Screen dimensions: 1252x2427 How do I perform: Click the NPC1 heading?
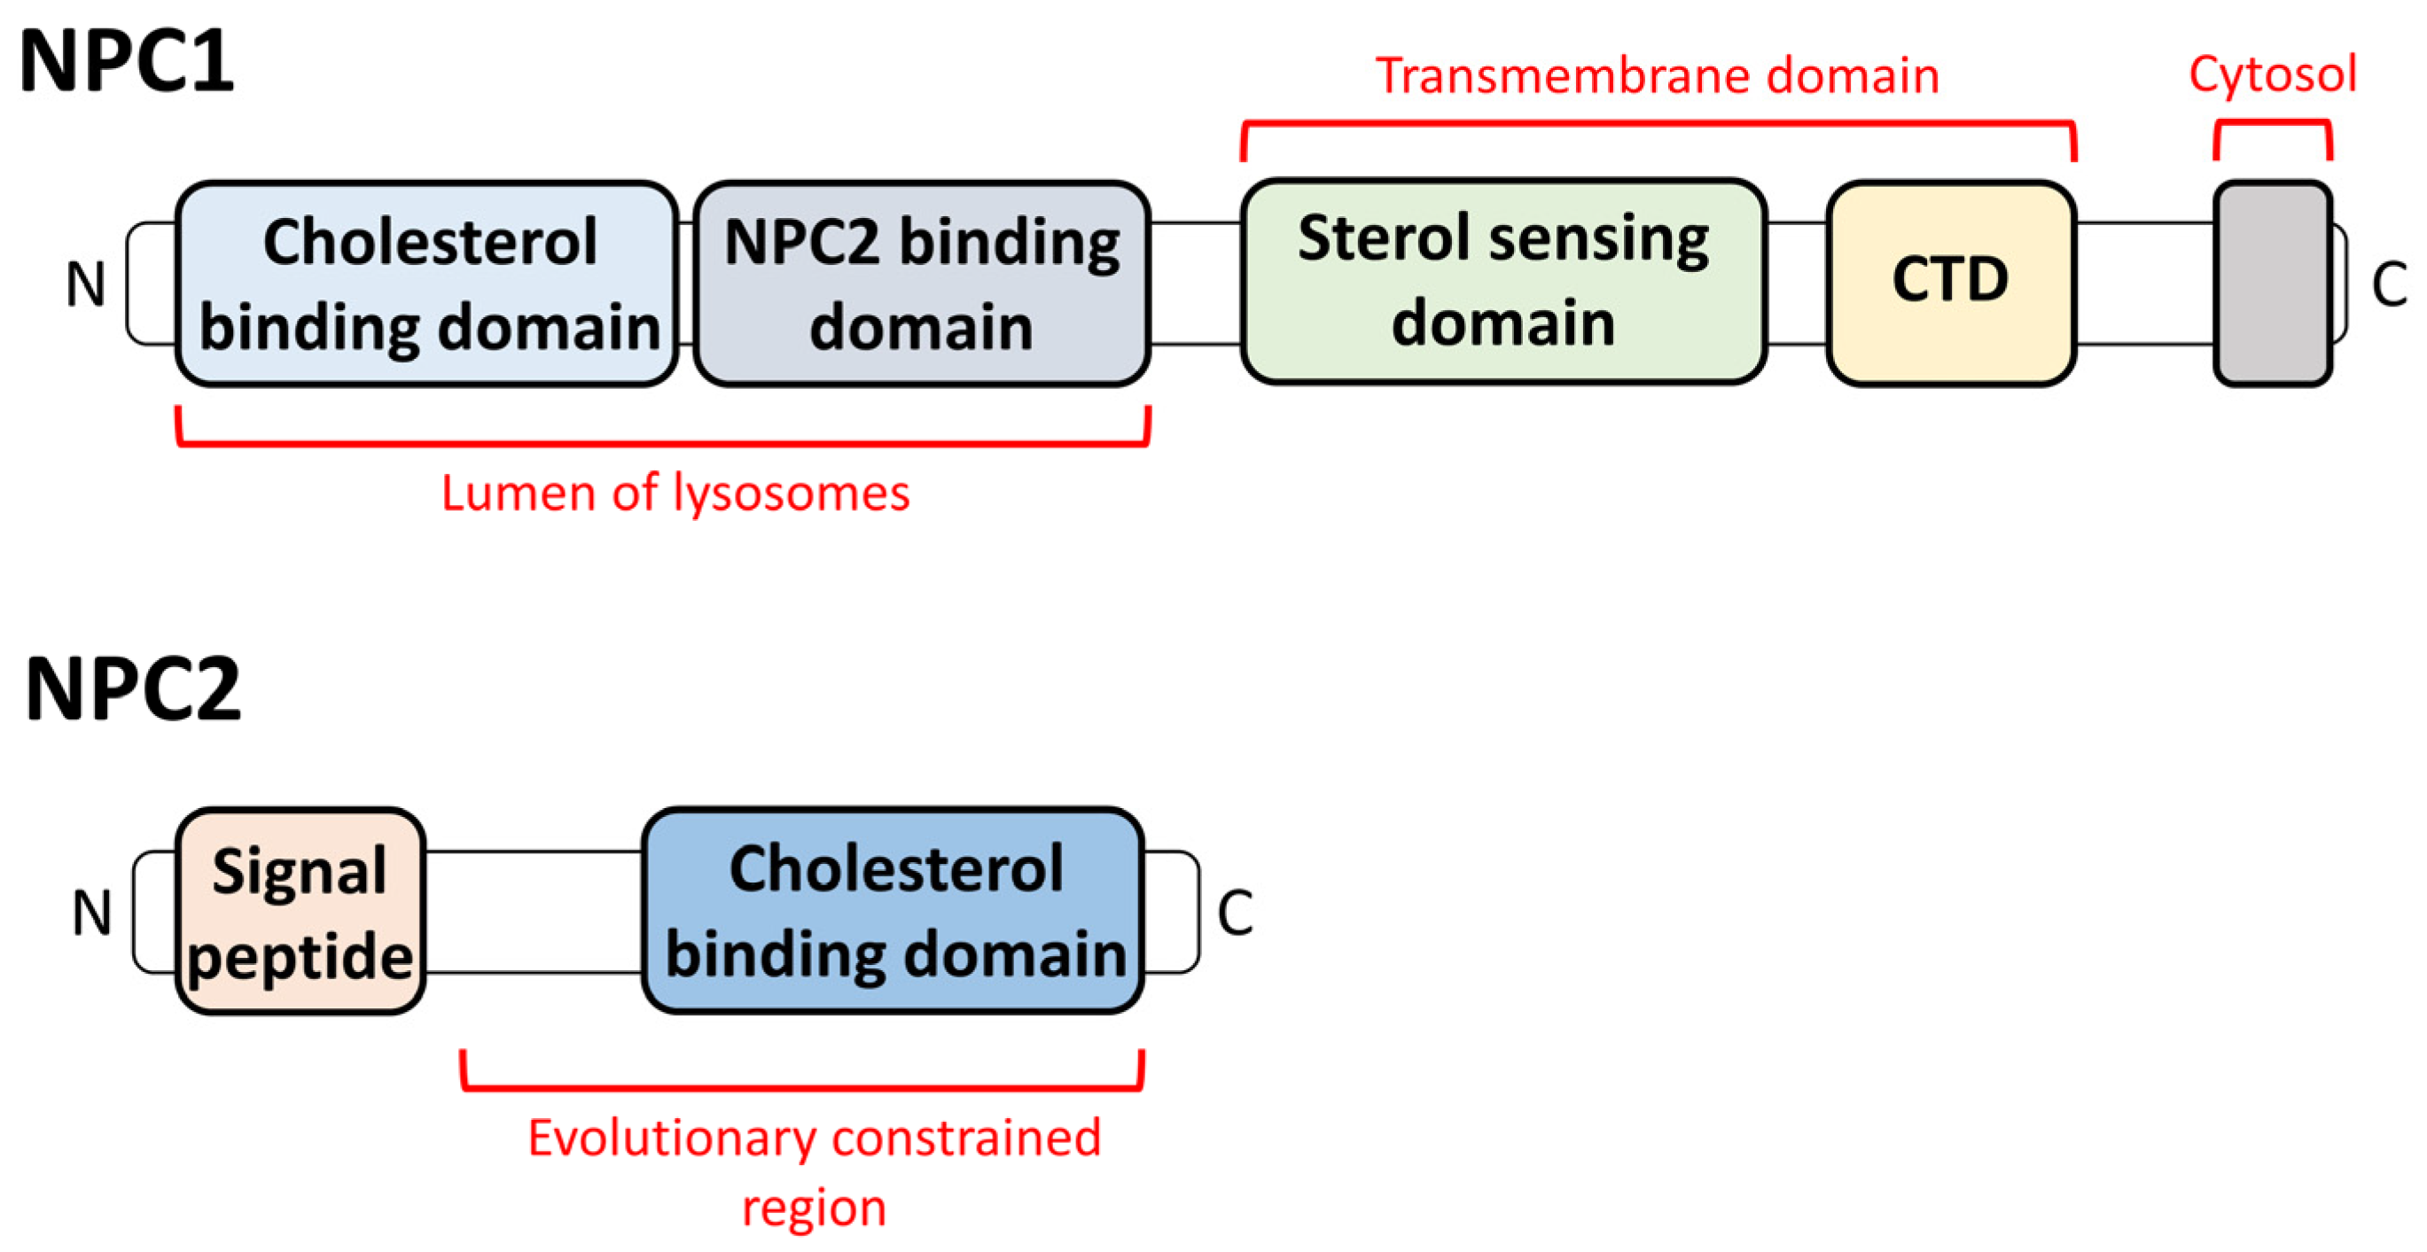126,62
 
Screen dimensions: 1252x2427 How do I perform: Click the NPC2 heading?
133,689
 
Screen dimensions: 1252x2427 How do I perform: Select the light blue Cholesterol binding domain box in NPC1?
426,284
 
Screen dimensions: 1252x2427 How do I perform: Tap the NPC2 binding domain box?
922,284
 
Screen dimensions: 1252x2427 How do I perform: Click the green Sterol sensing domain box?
1502,281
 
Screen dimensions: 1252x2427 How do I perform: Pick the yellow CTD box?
1950,282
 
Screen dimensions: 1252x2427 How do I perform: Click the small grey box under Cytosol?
2272,284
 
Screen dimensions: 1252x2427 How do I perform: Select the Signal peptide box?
300,911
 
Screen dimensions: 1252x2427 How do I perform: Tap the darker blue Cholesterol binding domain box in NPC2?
894,910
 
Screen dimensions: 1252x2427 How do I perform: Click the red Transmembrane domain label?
1657,75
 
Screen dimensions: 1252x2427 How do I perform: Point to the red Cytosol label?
2272,74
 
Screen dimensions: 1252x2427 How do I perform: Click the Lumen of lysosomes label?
675,494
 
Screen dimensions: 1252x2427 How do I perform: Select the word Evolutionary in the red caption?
671,1138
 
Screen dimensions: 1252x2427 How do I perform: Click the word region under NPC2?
814,1208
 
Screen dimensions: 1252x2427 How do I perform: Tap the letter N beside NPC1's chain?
85,284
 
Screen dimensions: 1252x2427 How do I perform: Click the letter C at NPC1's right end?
2388,284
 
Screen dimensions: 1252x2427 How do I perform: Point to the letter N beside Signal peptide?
91,912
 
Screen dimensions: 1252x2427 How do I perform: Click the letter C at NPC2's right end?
1234,912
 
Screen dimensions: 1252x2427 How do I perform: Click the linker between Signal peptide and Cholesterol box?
534,911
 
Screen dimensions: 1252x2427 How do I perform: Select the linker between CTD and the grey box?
2144,284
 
